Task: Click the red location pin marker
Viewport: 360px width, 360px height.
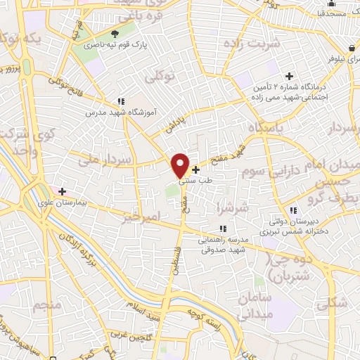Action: point(181,165)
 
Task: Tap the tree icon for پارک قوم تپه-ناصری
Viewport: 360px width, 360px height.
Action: point(115,33)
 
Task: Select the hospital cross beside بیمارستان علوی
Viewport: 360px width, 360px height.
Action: point(63,191)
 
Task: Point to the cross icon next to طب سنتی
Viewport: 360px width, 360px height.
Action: point(195,169)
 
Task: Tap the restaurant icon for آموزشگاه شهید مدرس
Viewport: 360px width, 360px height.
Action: point(121,101)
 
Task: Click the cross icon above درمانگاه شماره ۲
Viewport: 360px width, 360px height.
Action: point(288,76)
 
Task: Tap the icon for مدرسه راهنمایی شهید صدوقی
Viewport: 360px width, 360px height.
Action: point(223,229)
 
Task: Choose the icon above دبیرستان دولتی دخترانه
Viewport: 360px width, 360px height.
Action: point(292,210)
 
